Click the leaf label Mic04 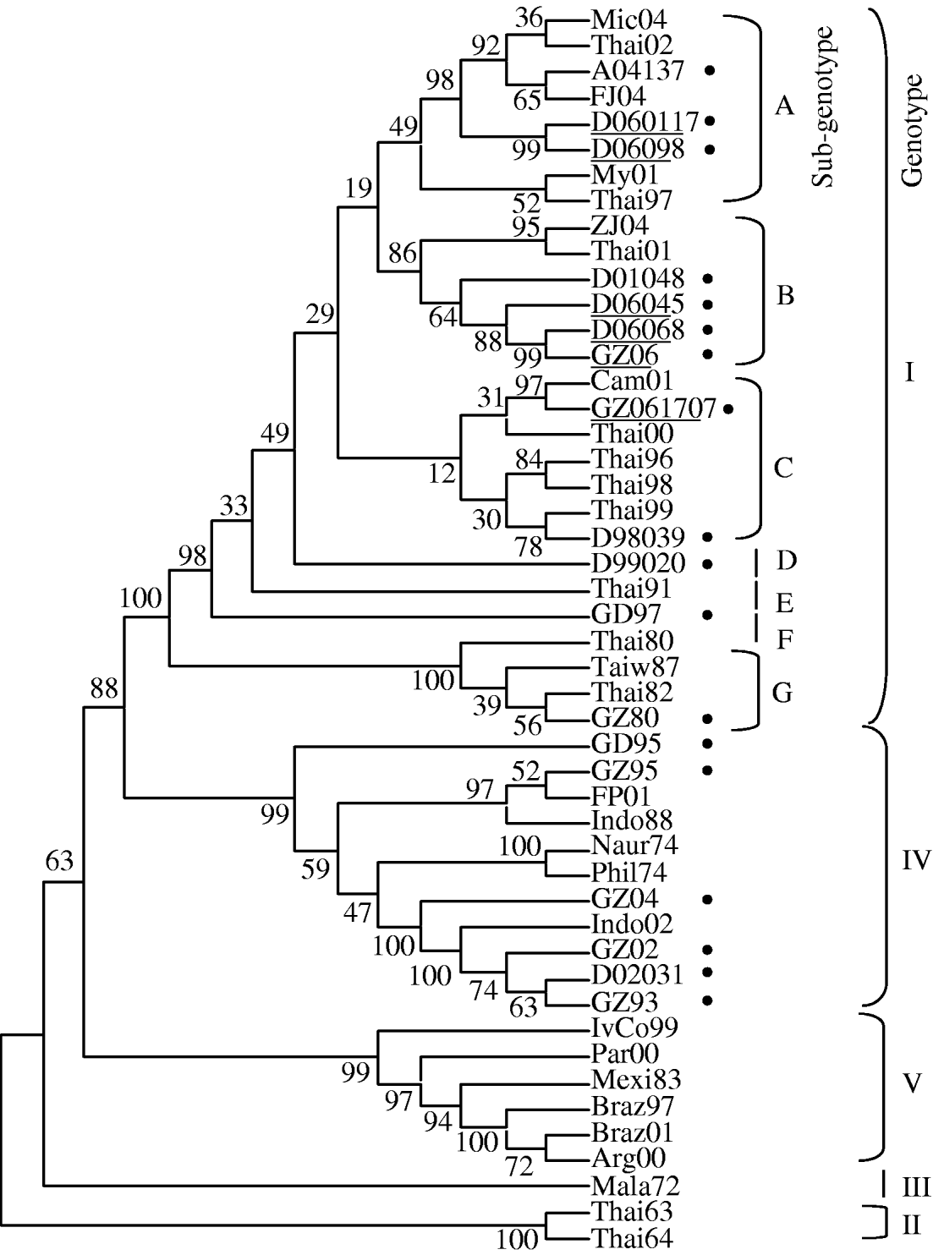629,19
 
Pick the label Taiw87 635,666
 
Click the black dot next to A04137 711,71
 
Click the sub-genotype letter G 782,693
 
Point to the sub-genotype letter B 785,296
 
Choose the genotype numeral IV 917,862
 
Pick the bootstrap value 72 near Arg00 521,1168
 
